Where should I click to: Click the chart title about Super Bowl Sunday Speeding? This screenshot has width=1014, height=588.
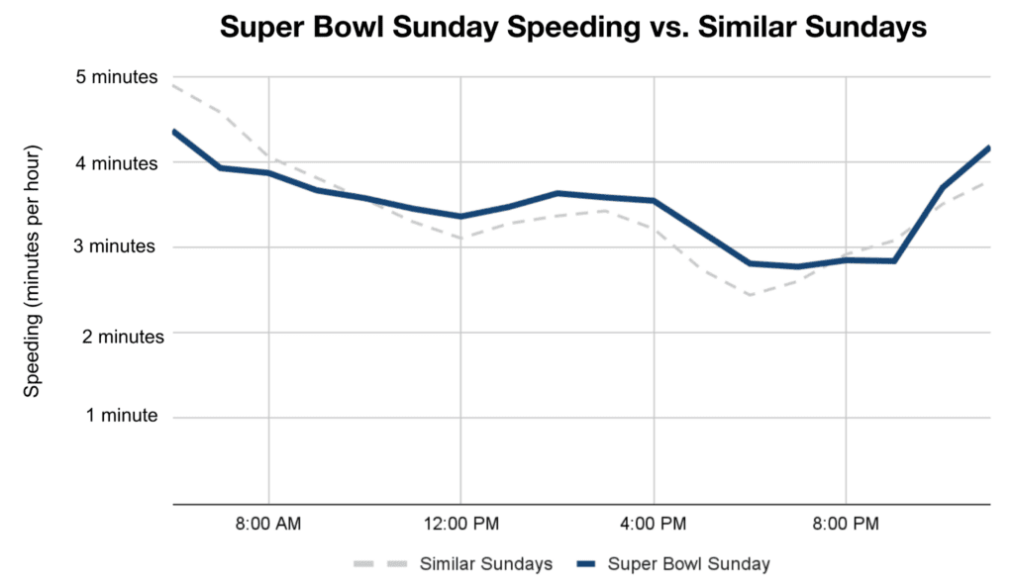[x=572, y=29]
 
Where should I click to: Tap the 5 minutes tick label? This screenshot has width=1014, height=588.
[x=118, y=77]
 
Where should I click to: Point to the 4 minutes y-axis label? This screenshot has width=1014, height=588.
[x=118, y=162]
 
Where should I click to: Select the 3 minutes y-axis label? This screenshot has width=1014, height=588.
[x=118, y=247]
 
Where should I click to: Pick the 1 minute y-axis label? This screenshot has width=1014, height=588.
[x=122, y=417]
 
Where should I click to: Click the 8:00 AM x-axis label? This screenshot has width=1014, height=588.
[x=269, y=522]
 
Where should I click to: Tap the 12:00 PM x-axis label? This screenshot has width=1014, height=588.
[x=460, y=522]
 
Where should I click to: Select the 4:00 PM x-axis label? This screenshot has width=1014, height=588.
[x=654, y=522]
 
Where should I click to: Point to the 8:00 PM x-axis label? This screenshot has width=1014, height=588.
[x=846, y=522]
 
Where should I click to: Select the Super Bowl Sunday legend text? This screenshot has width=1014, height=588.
[x=688, y=564]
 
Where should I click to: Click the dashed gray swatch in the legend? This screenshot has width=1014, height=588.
[x=382, y=564]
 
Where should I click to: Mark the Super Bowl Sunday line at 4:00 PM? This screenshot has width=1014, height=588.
[x=654, y=201]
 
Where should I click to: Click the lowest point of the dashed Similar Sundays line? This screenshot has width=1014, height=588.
[x=750, y=295]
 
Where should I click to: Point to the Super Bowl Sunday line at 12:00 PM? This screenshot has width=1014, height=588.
[x=460, y=217]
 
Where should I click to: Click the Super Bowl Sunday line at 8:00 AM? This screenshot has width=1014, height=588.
[x=269, y=173]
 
